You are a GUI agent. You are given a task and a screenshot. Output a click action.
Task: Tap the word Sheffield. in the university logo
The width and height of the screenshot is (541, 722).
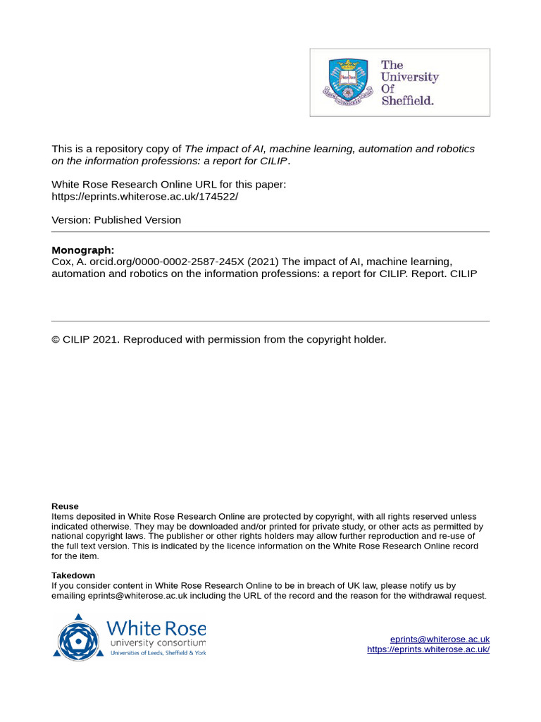(x=407, y=100)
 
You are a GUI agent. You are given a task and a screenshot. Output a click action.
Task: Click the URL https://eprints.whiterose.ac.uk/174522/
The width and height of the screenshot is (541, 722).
(x=144, y=197)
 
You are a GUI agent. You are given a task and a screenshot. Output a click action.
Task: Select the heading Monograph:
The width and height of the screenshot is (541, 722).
(x=82, y=250)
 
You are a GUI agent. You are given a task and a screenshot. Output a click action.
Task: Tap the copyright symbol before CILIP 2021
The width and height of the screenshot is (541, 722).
(x=56, y=340)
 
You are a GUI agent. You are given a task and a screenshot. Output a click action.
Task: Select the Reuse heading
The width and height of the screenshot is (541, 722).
(x=65, y=506)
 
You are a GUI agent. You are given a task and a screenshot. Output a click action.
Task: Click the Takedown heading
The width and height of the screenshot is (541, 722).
(x=73, y=575)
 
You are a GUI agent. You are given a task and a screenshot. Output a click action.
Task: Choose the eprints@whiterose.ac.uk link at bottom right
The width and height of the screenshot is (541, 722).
(x=440, y=639)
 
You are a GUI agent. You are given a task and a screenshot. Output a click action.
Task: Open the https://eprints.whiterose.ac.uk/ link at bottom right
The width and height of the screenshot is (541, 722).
(x=428, y=649)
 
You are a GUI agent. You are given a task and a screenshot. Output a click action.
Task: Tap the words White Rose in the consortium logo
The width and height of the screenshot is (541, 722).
(x=156, y=628)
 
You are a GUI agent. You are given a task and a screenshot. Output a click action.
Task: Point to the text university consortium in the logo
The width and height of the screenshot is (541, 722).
(x=157, y=643)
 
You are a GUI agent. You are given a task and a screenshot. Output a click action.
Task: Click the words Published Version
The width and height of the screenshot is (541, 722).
(x=137, y=220)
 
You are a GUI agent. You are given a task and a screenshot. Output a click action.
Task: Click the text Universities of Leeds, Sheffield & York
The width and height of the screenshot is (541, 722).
(x=158, y=654)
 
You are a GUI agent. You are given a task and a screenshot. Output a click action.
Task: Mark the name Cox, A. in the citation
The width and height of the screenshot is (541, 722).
(x=67, y=262)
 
